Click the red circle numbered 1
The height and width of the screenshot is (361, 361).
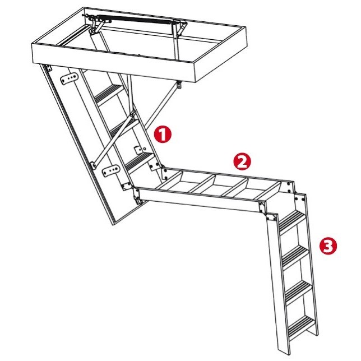[163, 135]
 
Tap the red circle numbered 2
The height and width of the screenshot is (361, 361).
[242, 162]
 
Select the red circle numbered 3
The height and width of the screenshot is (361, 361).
[328, 246]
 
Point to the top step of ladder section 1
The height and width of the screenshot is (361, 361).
[108, 94]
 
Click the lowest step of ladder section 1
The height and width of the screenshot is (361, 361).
[140, 163]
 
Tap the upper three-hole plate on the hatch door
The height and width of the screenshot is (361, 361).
[68, 78]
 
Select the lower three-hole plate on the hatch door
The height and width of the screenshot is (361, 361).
[111, 170]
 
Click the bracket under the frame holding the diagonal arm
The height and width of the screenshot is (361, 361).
[179, 85]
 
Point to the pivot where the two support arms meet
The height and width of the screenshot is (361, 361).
[133, 113]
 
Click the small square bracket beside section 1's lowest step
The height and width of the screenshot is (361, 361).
[139, 150]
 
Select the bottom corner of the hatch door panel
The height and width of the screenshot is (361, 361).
[113, 224]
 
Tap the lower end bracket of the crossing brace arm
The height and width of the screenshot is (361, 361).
[93, 165]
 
